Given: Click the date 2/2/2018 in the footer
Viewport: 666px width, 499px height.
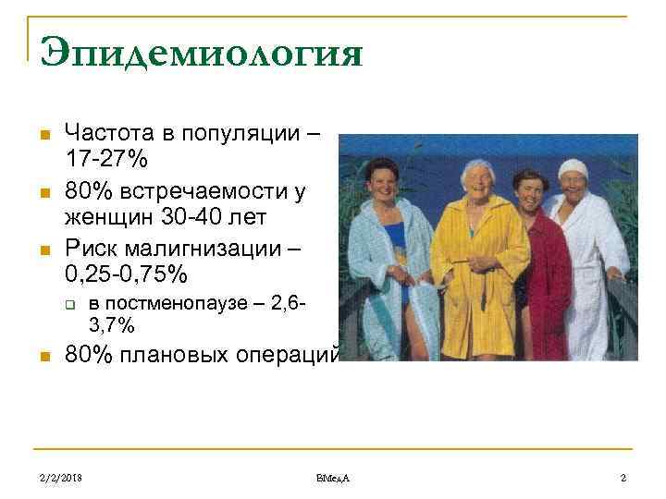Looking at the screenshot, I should click(60, 477).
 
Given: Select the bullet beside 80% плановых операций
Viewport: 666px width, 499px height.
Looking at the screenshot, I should click(43, 357).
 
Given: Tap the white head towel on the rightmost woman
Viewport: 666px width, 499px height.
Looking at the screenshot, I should click(573, 167).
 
